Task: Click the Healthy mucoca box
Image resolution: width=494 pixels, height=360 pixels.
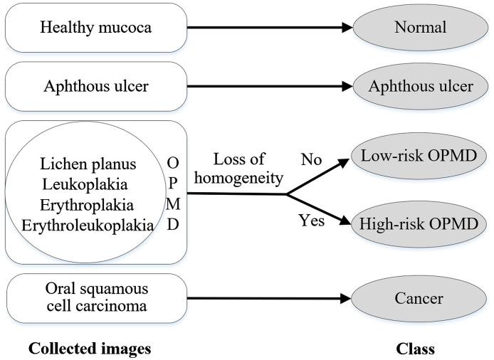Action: pos(95,28)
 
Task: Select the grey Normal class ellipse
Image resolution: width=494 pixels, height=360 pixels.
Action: pos(419,28)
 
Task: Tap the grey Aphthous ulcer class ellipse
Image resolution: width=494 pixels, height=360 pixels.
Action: pos(419,87)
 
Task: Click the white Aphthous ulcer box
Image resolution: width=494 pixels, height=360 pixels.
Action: pos(95,87)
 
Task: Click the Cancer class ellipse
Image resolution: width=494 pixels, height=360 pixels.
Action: pos(419,300)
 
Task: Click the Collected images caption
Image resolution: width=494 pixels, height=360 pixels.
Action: pos(90,349)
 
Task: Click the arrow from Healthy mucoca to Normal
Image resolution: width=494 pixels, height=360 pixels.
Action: pos(270,28)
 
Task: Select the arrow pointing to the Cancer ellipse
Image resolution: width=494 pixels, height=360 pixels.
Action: pos(270,300)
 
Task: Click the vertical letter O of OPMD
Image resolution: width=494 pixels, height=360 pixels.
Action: pos(173,164)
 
